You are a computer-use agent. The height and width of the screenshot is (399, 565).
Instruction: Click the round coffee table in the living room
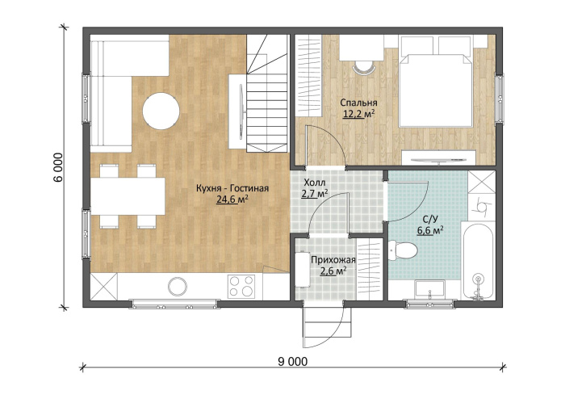[x=161, y=111]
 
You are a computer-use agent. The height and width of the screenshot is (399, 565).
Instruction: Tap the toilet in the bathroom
[x=403, y=249]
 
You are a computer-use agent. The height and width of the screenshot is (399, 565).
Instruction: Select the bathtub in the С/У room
[x=478, y=262]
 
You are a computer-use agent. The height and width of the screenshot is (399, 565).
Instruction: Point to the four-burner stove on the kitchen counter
[x=241, y=286]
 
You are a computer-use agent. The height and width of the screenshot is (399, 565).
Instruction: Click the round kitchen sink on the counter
[x=178, y=286]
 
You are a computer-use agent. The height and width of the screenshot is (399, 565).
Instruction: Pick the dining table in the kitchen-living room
[x=128, y=196]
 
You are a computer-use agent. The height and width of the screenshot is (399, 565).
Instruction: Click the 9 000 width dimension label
[x=292, y=362]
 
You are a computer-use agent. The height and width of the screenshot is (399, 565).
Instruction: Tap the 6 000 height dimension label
[x=59, y=167]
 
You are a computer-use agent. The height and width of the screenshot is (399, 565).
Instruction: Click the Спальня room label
[x=358, y=103]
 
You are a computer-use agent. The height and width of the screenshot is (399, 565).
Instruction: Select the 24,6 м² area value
[x=233, y=199]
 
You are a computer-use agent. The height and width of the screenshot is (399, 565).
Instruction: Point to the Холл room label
[x=315, y=182]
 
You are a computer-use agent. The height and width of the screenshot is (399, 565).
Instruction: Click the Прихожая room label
[x=333, y=260]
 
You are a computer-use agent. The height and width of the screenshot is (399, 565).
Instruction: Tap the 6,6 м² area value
[x=430, y=230]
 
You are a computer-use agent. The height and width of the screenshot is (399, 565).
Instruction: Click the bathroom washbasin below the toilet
[x=429, y=289]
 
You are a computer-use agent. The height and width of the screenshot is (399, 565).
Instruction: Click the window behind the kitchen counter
[x=174, y=304]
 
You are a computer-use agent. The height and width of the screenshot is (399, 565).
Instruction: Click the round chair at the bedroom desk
[x=363, y=68]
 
